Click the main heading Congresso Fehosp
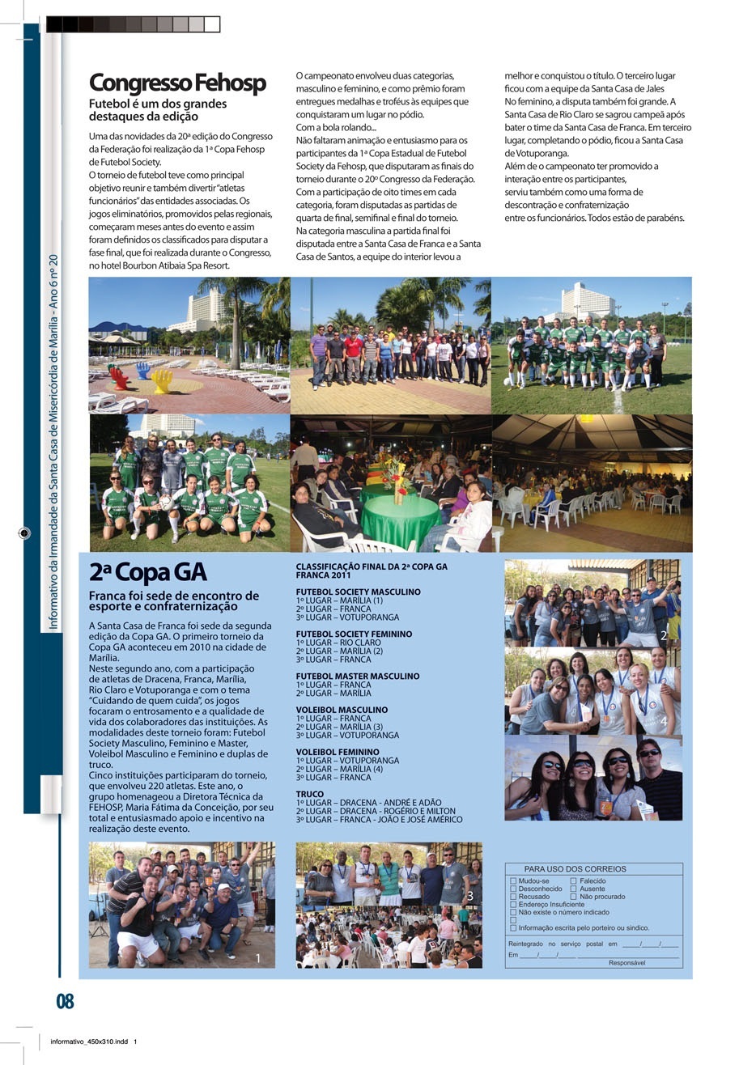coord(176,83)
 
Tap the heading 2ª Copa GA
coord(147,572)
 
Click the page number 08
coord(65,1002)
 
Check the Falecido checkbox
coord(574,880)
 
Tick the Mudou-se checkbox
coord(513,880)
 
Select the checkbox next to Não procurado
coord(574,897)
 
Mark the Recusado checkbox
coord(513,897)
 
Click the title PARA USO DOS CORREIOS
coord(575,869)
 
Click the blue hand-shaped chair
coord(143,370)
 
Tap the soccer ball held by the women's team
coord(165,503)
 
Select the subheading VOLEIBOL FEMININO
coord(337,752)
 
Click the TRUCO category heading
coord(309,794)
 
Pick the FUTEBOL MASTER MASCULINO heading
coord(357,676)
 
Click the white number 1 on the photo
coord(258,958)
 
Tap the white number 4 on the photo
coord(664,720)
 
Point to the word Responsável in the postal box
coord(627,963)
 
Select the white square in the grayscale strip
coord(212,24)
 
